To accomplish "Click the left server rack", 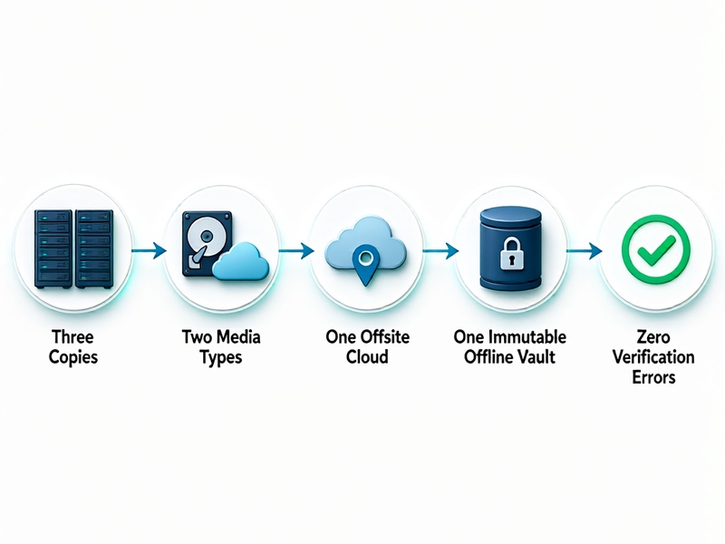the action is (53, 248).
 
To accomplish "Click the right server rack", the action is (94, 248).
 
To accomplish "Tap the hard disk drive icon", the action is (207, 244).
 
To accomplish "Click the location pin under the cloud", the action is (365, 265).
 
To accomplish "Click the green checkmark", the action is (656, 248).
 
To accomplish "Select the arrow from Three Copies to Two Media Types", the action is (149, 251).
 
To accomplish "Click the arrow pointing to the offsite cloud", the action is (296, 251).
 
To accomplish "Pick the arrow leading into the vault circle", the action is (440, 251).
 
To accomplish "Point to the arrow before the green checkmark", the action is (585, 251).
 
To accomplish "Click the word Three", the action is (72, 336).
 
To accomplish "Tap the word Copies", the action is (73, 357).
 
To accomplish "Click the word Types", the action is (221, 357).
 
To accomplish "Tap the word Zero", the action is (653, 336).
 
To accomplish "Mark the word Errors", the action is (653, 377).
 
